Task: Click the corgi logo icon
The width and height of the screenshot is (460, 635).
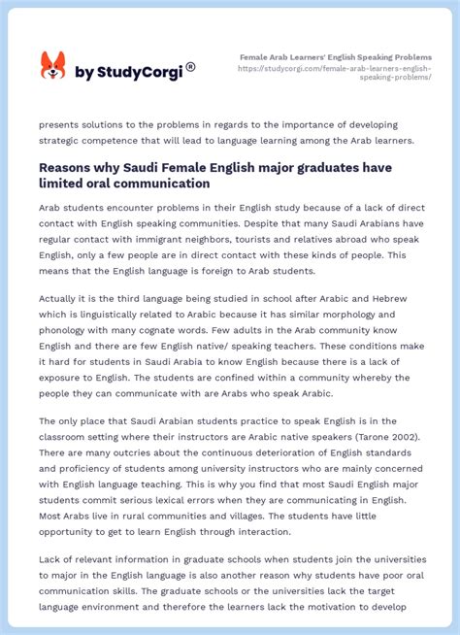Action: tap(52, 66)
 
